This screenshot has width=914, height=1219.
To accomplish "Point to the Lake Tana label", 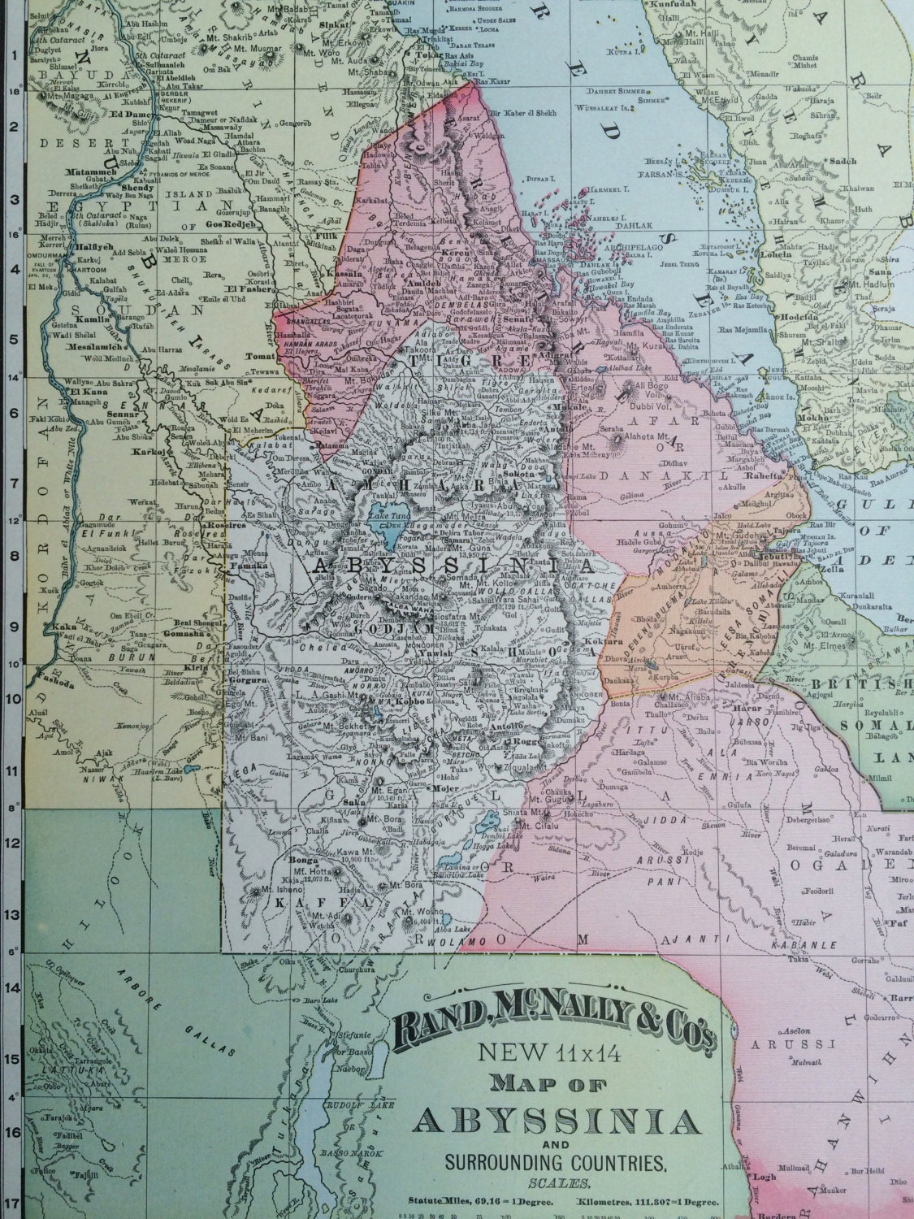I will click(388, 515).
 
